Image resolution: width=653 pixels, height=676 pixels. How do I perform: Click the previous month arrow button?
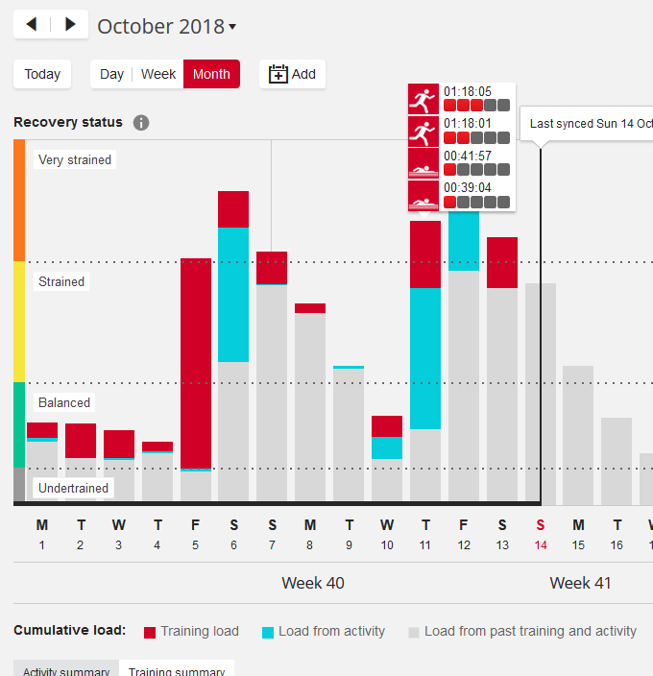coord(32,24)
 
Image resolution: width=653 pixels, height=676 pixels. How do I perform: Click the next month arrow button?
coord(70,24)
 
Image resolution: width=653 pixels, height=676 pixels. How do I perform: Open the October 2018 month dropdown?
coord(167,27)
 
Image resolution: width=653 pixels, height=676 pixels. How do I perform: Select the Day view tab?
coord(111,74)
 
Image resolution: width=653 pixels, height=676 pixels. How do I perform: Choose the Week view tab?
coord(158,74)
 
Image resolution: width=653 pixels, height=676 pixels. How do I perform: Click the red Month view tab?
coord(211,74)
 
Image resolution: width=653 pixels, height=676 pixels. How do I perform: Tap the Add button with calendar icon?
coord(292,74)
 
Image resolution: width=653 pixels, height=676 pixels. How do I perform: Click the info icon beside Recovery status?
coord(141,123)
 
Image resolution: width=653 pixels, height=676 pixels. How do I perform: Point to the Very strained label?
coord(75,160)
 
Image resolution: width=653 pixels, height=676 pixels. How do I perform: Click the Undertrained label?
coord(73,488)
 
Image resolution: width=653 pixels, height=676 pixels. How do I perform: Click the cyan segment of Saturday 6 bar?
coord(233,294)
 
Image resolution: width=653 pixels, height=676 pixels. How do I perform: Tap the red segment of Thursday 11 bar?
coord(425,254)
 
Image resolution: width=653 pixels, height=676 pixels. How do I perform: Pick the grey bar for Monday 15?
coord(578,434)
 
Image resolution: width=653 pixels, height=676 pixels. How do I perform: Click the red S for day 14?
coord(541,525)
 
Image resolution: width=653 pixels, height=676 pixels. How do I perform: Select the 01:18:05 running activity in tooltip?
coord(461,99)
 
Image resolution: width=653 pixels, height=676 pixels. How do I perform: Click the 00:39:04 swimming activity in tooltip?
coord(461,195)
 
